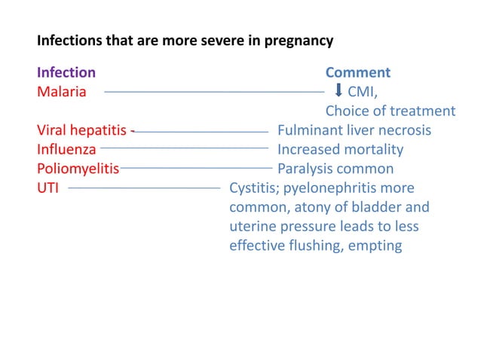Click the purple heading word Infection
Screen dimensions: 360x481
tap(66, 73)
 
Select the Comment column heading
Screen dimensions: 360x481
tap(357, 73)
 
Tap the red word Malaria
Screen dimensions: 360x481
tap(61, 92)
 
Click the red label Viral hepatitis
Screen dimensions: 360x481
tap(82, 130)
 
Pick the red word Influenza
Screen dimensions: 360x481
tap(66, 149)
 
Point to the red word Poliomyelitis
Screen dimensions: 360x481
tap(78, 169)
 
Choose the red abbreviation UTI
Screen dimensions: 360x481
tap(49, 188)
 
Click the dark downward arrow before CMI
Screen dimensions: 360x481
tap(339, 91)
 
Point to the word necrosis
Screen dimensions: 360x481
tap(403, 130)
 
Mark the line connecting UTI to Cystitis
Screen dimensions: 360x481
tap(144, 186)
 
